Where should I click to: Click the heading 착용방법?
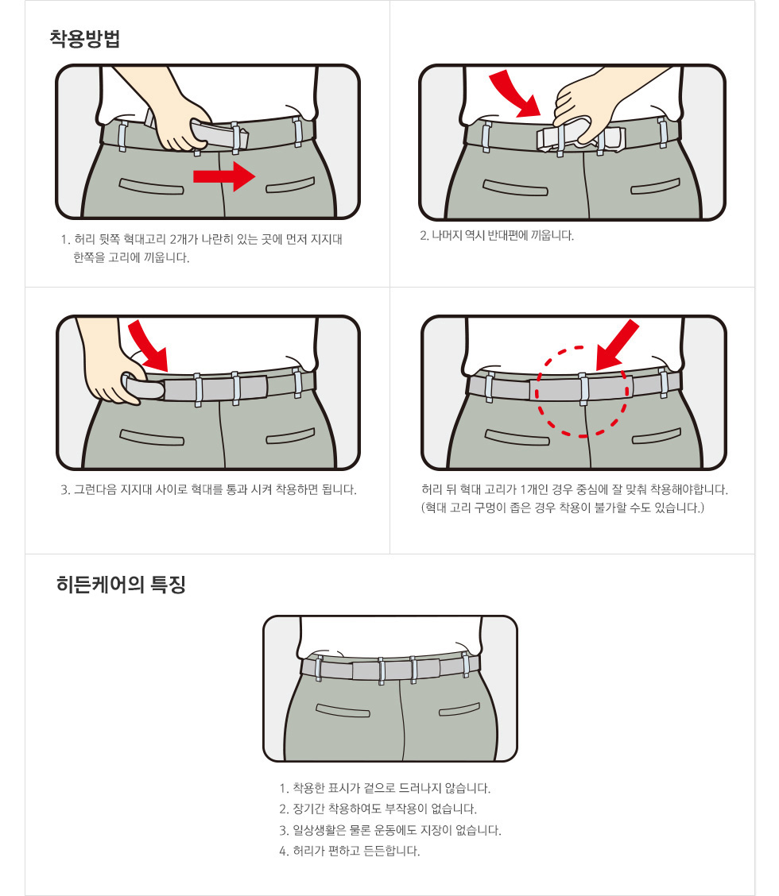pyautogui.click(x=84, y=39)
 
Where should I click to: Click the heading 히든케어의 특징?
pyautogui.click(x=122, y=585)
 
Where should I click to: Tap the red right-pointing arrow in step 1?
pyautogui.click(x=224, y=176)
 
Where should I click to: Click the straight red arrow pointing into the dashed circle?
pyautogui.click(x=617, y=346)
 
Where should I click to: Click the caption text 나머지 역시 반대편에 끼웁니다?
pyautogui.click(x=497, y=235)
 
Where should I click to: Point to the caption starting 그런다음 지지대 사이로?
pyautogui.click(x=209, y=490)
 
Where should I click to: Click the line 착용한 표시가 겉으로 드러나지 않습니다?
pyautogui.click(x=385, y=789)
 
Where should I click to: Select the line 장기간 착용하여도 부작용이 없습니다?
pyautogui.click(x=378, y=809)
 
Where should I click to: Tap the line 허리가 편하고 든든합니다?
pyautogui.click(x=350, y=852)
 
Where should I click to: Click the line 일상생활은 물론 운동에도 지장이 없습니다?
pyautogui.click(x=390, y=830)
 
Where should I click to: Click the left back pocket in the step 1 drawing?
pyautogui.click(x=152, y=187)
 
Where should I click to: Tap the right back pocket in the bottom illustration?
pyautogui.click(x=459, y=709)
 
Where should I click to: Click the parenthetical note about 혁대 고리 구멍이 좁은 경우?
pyautogui.click(x=563, y=508)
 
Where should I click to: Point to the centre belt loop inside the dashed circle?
pyautogui.click(x=583, y=388)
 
